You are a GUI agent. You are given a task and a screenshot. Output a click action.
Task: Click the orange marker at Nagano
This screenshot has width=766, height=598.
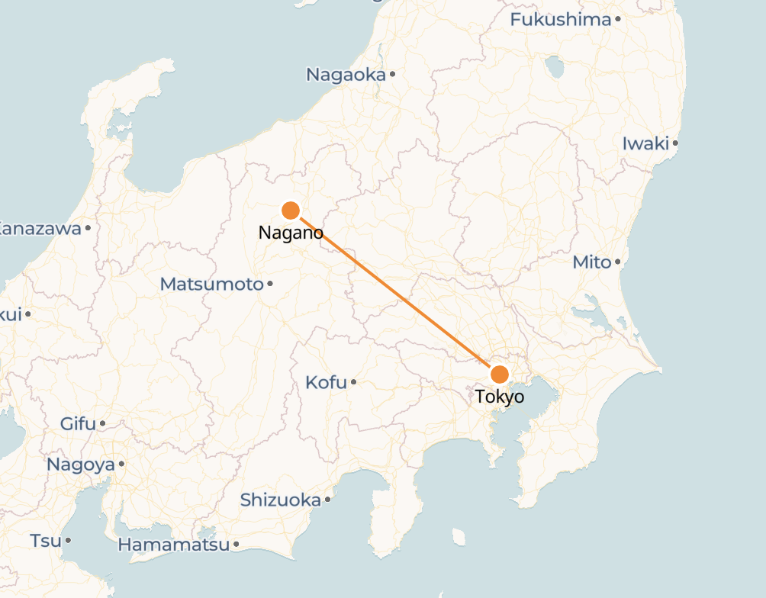point(290,210)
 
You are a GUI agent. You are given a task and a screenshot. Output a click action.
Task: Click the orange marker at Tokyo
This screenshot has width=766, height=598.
point(500,374)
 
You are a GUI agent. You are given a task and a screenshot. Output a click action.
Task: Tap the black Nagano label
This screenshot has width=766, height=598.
point(291,233)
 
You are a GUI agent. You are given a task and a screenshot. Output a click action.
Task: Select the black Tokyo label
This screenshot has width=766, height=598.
point(500,397)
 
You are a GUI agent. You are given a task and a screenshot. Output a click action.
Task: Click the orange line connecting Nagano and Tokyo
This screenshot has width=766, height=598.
point(395,292)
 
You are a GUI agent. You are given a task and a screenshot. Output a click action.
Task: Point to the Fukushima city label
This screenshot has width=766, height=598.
point(561,20)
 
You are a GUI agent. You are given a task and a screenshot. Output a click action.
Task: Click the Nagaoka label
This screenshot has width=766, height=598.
point(346,75)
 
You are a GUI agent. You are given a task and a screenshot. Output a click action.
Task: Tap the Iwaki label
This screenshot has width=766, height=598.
point(645,143)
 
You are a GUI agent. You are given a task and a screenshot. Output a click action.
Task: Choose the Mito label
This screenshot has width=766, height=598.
point(592,262)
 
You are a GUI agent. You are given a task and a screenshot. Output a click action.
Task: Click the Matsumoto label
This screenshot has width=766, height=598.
point(211,285)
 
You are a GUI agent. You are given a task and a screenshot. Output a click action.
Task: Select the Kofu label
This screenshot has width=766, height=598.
point(326,382)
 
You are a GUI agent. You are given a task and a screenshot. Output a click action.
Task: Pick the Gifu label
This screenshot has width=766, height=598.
point(78,423)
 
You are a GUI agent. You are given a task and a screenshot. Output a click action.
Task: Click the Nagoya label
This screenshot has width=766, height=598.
point(81,465)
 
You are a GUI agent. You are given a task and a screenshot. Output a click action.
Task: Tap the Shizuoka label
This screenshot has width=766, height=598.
point(280,500)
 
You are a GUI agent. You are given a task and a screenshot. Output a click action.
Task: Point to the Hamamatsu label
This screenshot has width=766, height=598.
point(174,545)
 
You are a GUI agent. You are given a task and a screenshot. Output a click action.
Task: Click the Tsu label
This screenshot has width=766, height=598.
point(45,541)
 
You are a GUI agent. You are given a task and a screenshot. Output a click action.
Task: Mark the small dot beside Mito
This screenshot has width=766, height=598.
point(617,262)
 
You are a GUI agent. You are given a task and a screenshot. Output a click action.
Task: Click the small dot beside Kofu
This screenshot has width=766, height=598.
point(353,382)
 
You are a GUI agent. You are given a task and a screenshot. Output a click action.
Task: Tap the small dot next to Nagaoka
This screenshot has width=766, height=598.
point(392,74)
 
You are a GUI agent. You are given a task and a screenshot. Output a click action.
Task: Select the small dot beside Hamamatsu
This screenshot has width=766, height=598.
point(237,545)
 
